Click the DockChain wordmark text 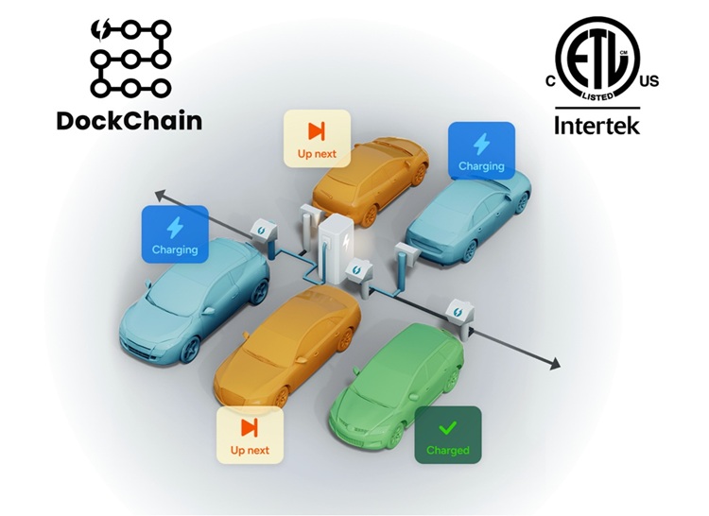pos(129,122)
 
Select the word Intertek pos(596,124)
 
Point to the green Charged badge pos(447,435)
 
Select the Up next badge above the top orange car pos(317,138)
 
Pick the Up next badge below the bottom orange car pos(250,435)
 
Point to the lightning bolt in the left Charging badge pos(174,226)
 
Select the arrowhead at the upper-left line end pos(161,196)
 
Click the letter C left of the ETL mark pos(549,81)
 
